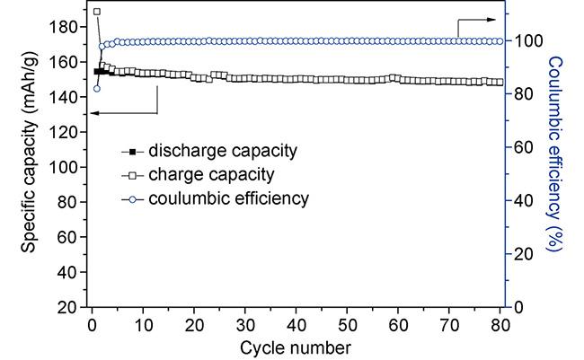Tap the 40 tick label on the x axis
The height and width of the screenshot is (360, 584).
coord(296,324)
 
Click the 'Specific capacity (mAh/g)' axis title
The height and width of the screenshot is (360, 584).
coord(31,166)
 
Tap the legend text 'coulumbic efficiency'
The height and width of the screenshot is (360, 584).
coord(229,198)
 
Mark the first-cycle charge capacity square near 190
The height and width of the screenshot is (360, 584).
coord(97,12)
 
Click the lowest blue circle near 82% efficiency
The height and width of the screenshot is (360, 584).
coord(97,88)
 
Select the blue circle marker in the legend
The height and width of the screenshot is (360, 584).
coord(133,198)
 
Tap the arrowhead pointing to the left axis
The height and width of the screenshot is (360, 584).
coord(93,112)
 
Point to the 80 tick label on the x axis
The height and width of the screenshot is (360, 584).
coord(501,324)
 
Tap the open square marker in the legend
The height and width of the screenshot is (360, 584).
coord(133,173)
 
